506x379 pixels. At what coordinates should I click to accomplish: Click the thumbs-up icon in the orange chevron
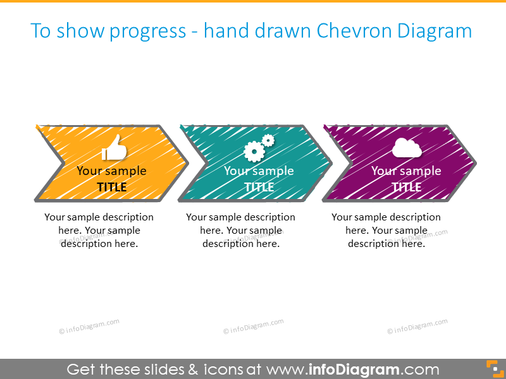(x=114, y=148)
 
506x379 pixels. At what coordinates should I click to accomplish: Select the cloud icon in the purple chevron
(x=407, y=148)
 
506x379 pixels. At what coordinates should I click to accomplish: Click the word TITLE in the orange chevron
(x=112, y=187)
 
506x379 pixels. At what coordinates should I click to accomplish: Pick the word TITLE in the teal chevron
(x=259, y=187)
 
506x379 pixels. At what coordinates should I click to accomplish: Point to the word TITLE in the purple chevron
(x=407, y=187)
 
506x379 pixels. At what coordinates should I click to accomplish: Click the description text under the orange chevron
(x=99, y=231)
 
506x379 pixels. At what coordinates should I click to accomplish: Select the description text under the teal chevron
(x=241, y=231)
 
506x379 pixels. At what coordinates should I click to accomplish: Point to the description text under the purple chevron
(x=386, y=231)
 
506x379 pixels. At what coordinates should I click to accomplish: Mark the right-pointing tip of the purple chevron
(x=475, y=163)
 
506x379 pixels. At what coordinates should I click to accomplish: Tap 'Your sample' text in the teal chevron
(x=259, y=171)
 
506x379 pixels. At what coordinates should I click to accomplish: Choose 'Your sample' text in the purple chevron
(x=406, y=171)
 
